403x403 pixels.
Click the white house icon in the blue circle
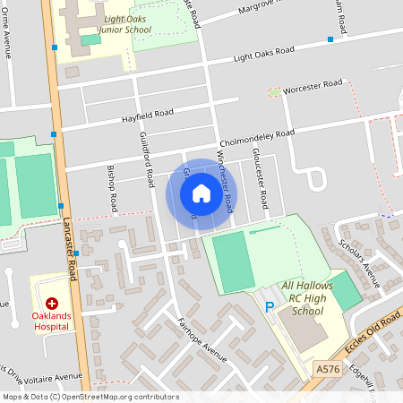coord(201,193)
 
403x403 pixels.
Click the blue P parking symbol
coord(270,307)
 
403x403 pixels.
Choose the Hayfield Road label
coord(149,114)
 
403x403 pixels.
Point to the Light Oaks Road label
coord(263,56)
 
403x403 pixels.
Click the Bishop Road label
coord(112,190)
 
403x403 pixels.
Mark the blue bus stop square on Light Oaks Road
coord(330,39)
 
